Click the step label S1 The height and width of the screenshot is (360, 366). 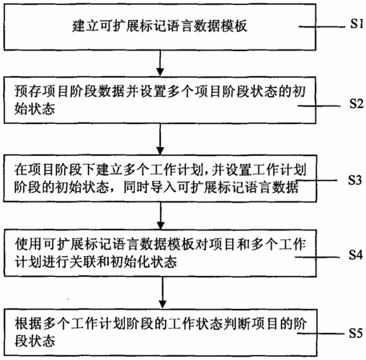(x=356, y=24)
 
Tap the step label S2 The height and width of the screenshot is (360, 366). (x=356, y=103)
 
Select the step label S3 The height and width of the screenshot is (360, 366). (x=355, y=180)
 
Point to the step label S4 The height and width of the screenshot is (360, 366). (x=356, y=254)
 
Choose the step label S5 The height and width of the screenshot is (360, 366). (x=356, y=333)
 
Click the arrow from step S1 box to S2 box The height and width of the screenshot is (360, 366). (x=160, y=63)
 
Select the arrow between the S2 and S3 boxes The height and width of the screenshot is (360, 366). (x=160, y=139)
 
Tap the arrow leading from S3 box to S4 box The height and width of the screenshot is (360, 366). (x=161, y=215)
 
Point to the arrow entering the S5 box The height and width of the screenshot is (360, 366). (x=163, y=293)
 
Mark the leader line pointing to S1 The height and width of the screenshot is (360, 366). (x=322, y=26)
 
